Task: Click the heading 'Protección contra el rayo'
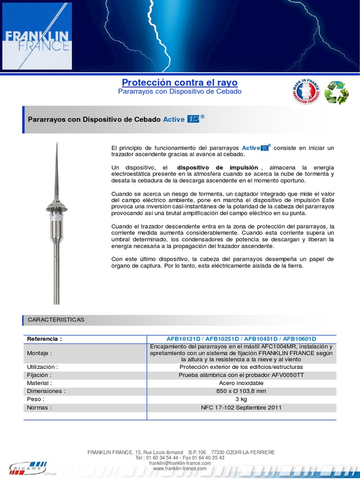pos(180,82)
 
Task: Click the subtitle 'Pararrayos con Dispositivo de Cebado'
pos(180,91)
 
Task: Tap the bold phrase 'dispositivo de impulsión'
pos(217,167)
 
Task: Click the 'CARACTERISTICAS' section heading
pos(56,319)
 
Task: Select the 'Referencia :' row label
pos(45,338)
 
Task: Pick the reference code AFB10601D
pos(300,338)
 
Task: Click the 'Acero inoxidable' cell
pos(241,383)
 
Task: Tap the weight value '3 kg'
pos(241,399)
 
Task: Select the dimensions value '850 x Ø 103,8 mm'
pos(241,391)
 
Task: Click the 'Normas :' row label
pos(39,407)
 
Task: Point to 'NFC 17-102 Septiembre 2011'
pos(241,407)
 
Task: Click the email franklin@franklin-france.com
pos(180,463)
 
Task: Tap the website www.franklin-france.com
pos(180,468)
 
